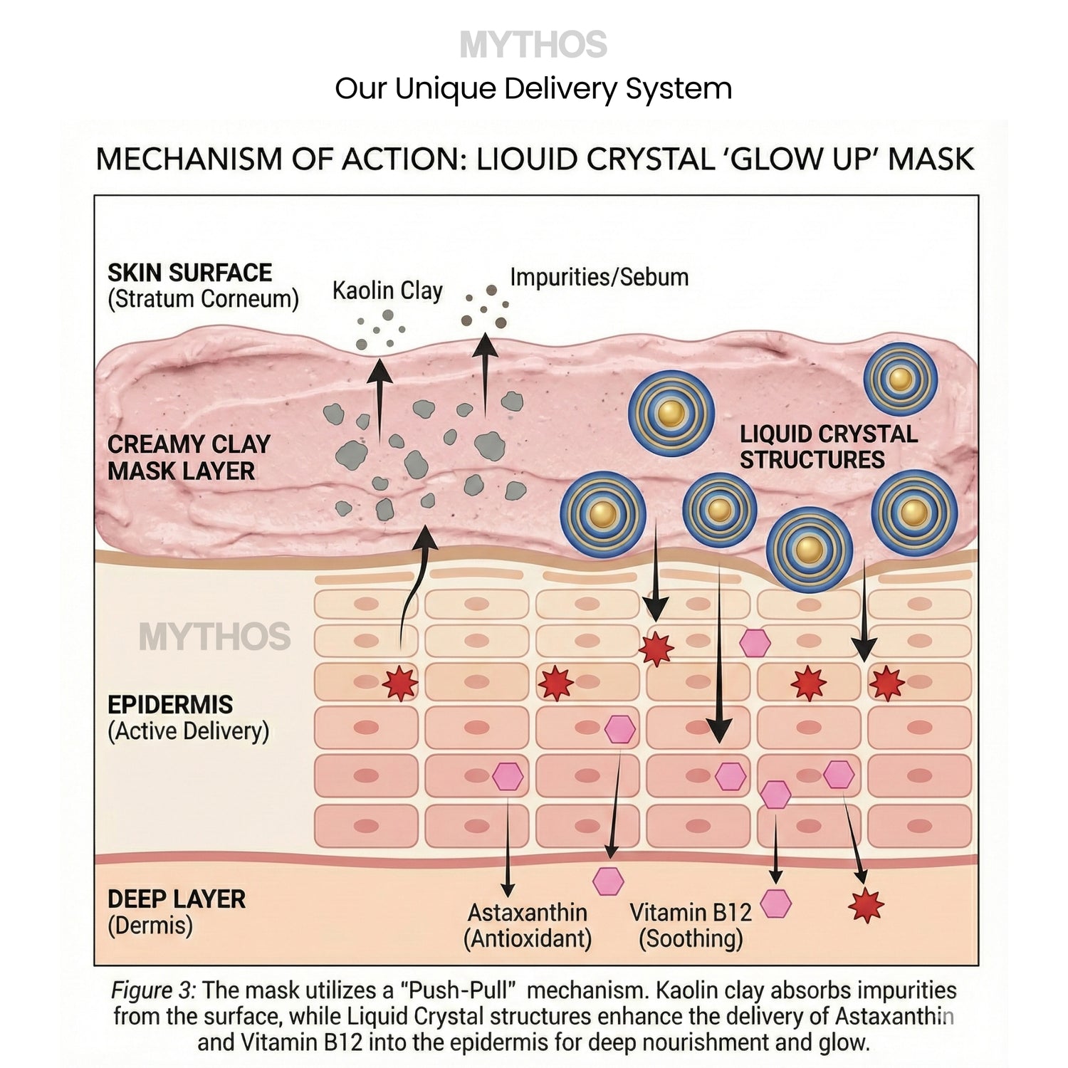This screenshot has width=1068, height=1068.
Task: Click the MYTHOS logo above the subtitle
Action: pos(533,45)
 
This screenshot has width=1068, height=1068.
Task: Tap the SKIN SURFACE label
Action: pos(189,273)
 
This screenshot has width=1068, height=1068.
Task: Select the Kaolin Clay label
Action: pos(387,290)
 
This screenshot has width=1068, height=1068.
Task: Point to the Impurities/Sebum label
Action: pos(599,277)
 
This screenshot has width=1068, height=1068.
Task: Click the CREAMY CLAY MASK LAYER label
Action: pos(189,458)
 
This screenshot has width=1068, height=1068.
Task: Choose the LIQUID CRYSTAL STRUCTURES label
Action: pos(828,447)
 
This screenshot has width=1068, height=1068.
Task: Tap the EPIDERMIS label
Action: pos(170,705)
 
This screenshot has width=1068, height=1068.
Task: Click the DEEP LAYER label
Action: pos(176,899)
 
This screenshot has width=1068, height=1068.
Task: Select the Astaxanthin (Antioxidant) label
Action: pos(528,926)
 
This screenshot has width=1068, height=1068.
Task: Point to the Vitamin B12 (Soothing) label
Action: pos(691,926)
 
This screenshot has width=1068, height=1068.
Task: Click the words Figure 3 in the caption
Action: pos(152,990)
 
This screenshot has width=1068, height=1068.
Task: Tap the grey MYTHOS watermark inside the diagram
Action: pos(214,637)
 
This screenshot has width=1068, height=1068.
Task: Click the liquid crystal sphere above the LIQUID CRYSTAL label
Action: pos(901,379)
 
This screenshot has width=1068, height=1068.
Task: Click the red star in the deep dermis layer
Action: pos(867,906)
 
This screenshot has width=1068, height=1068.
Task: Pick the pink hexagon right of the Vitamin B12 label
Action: pos(776,904)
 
